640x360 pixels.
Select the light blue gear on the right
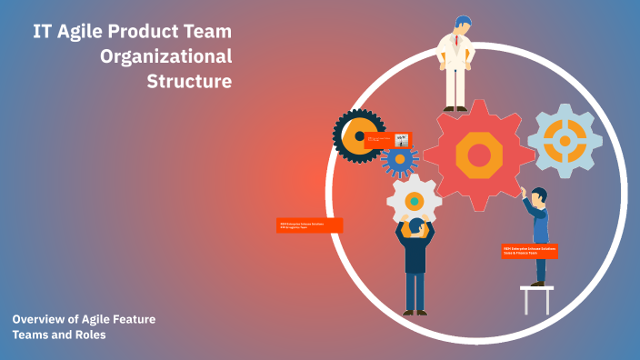click(565, 141)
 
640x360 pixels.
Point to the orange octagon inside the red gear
click(479, 155)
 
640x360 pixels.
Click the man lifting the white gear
click(415, 264)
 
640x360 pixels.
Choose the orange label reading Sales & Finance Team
click(529, 251)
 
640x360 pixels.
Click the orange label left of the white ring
click(309, 225)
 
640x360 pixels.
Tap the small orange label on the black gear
click(387, 140)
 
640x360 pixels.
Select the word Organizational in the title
click(165, 55)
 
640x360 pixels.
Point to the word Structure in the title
click(189, 81)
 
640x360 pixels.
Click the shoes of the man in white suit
click(455, 108)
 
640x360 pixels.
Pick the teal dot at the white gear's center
click(414, 200)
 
